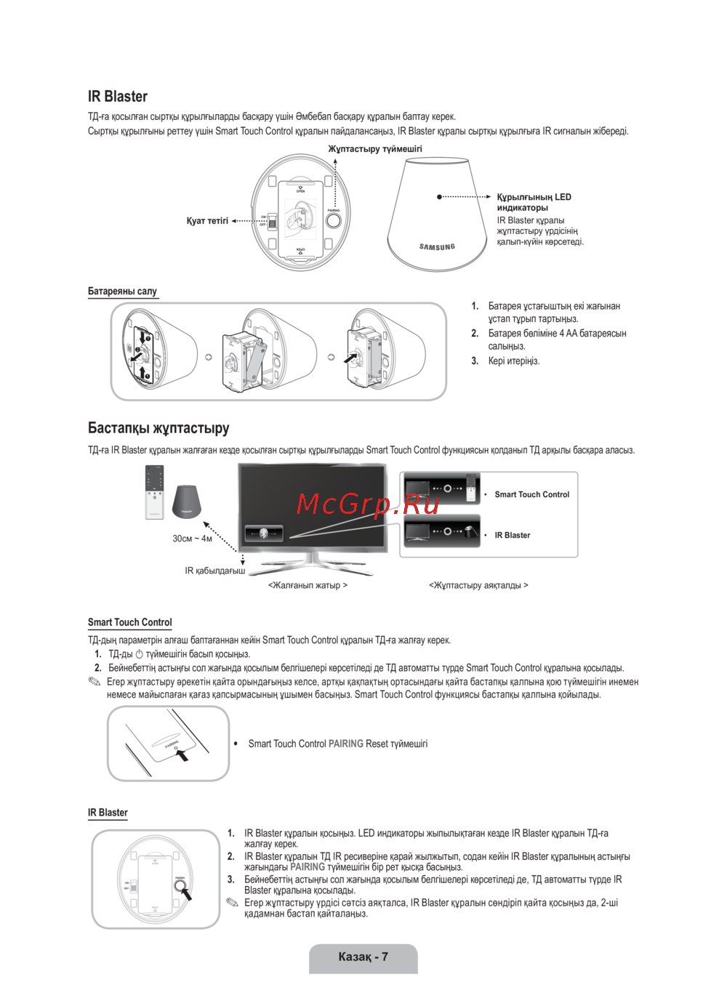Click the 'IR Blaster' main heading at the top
(x=118, y=97)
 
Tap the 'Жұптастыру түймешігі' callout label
(x=374, y=149)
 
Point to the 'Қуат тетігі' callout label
(x=207, y=221)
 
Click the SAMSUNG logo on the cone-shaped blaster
(x=437, y=247)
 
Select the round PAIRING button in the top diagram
(x=333, y=220)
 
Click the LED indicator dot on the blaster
(x=439, y=197)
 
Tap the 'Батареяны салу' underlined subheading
(x=122, y=291)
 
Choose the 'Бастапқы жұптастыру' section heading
(x=158, y=428)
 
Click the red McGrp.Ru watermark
(x=368, y=504)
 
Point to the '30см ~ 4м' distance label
(x=192, y=539)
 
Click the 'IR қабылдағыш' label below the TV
(x=214, y=571)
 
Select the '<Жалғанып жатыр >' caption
(x=308, y=585)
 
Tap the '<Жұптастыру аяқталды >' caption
(x=478, y=585)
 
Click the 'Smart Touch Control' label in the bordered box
(x=531, y=494)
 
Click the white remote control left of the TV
(x=155, y=492)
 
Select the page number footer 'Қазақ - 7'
(x=363, y=957)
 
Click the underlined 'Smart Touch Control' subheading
(x=129, y=622)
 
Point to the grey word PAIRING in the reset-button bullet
(x=345, y=744)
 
